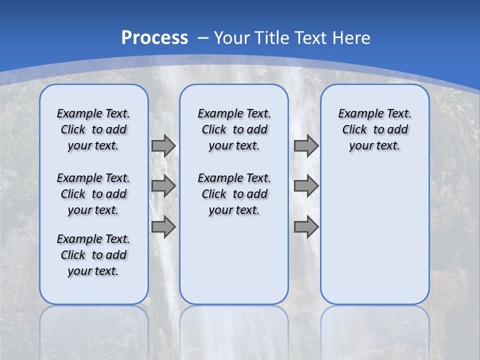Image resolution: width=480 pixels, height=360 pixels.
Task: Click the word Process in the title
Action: pos(154,38)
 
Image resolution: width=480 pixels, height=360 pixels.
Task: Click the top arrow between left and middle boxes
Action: pos(163,145)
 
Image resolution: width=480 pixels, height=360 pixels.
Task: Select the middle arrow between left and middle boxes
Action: pos(163,186)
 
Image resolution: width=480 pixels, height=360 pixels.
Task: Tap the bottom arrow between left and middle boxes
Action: pos(163,227)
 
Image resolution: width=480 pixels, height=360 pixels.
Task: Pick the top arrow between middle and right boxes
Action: pos(306,145)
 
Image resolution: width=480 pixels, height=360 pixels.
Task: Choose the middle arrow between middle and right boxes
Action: pos(306,186)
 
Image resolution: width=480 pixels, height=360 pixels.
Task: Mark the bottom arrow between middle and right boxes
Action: pos(306,227)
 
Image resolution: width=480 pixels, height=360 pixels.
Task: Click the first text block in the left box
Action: pos(93,129)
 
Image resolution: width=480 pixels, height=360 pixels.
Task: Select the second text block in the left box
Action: pos(93,194)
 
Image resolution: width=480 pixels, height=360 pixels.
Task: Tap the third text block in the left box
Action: pos(93,255)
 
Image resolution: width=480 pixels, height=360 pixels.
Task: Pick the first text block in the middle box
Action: pos(234,129)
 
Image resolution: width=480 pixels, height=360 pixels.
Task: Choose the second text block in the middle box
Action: pos(234,194)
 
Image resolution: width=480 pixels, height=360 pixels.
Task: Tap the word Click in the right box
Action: pos(354,130)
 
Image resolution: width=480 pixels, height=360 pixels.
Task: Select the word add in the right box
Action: pos(397,130)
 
